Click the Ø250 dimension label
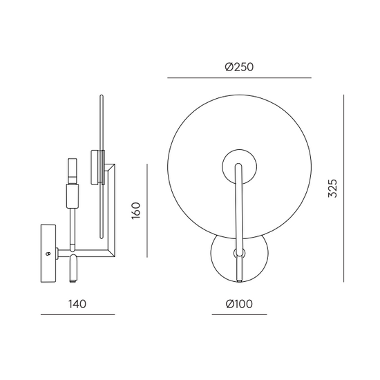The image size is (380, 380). coord(239,67)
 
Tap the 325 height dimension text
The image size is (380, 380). coord(332,189)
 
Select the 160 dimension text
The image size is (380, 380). coord(136,211)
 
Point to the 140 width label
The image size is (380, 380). coord(77,304)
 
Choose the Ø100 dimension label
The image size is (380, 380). coord(239,304)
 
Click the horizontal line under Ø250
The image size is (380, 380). coord(239,78)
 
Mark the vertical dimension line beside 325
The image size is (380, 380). coord(343,189)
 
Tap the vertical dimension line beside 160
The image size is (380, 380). coord(147,210)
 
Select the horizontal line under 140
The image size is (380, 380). coord(77,314)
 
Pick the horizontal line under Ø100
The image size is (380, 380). coord(240,314)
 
